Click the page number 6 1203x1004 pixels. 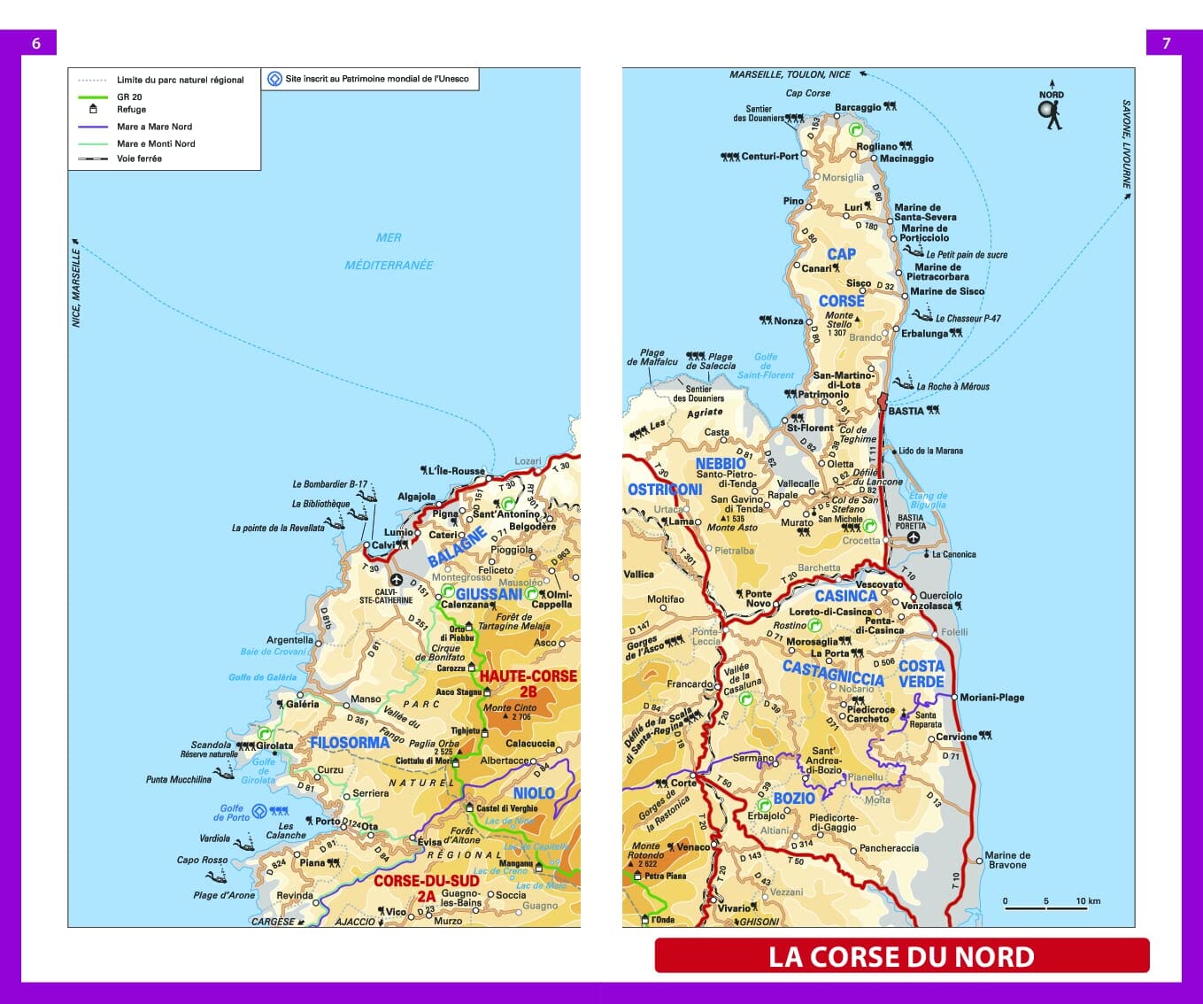click(36, 43)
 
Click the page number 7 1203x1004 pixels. click(1166, 43)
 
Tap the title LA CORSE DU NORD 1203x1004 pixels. click(901, 956)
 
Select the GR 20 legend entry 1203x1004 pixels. click(129, 97)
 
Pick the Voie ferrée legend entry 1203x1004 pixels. click(139, 158)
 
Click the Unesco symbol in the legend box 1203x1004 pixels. click(274, 79)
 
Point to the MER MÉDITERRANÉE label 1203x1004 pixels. click(389, 251)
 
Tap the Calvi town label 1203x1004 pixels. click(383, 545)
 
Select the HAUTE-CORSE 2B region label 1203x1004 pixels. click(528, 683)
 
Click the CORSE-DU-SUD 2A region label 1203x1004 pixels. click(426, 888)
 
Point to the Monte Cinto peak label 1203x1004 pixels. click(510, 707)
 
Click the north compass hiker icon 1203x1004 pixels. click(1051, 112)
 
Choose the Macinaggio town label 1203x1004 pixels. click(906, 158)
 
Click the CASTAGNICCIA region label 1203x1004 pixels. click(833, 673)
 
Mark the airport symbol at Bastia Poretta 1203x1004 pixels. click(913, 537)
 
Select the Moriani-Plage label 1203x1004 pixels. click(991, 698)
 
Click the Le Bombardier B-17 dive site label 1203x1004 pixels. click(329, 484)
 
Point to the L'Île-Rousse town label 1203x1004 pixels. click(455, 471)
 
